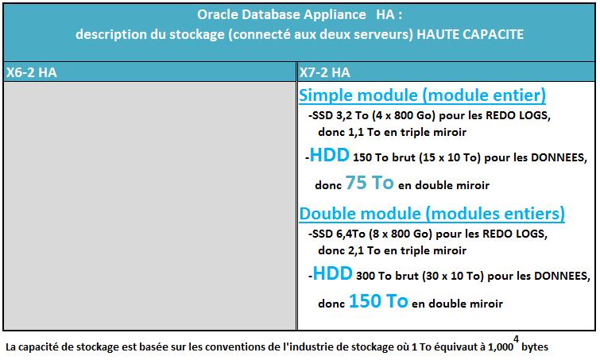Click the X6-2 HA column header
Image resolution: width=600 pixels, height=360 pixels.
point(31,72)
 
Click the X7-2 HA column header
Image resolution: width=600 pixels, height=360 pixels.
point(324,72)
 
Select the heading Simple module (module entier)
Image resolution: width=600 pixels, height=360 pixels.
point(422,95)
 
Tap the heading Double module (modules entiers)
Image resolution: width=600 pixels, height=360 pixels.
point(432,214)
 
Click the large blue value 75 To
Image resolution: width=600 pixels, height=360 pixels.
point(370,183)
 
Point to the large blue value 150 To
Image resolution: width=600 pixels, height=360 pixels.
point(378,301)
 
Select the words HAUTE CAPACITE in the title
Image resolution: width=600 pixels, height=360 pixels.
point(470,34)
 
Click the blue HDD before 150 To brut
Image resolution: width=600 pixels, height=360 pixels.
point(329,155)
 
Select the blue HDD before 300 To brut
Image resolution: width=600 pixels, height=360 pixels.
point(332,273)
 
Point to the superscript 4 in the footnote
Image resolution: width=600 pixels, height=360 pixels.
point(517,339)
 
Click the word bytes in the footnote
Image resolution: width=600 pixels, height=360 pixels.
point(535,347)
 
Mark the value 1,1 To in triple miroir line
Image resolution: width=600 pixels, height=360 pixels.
point(364,133)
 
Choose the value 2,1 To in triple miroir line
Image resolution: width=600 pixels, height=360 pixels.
point(364,250)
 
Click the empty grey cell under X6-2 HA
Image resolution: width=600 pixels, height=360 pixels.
point(149,206)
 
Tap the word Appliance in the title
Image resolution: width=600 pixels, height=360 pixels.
point(335,15)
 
